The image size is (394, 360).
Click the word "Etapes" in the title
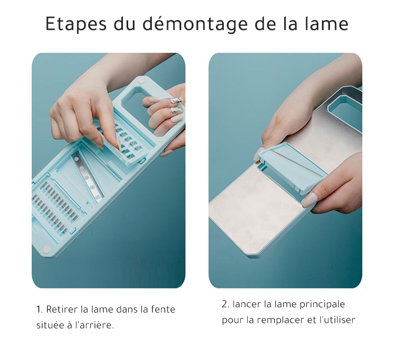[76, 24]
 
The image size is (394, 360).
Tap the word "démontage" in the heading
[195, 24]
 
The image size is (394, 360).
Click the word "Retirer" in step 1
[62, 309]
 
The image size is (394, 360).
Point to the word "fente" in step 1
[163, 309]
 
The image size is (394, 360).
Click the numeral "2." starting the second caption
[225, 304]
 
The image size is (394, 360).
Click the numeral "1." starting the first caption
[39, 309]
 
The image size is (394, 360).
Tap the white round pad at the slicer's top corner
[141, 81]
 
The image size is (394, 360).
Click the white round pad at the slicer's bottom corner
[46, 250]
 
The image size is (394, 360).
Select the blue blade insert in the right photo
[293, 168]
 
